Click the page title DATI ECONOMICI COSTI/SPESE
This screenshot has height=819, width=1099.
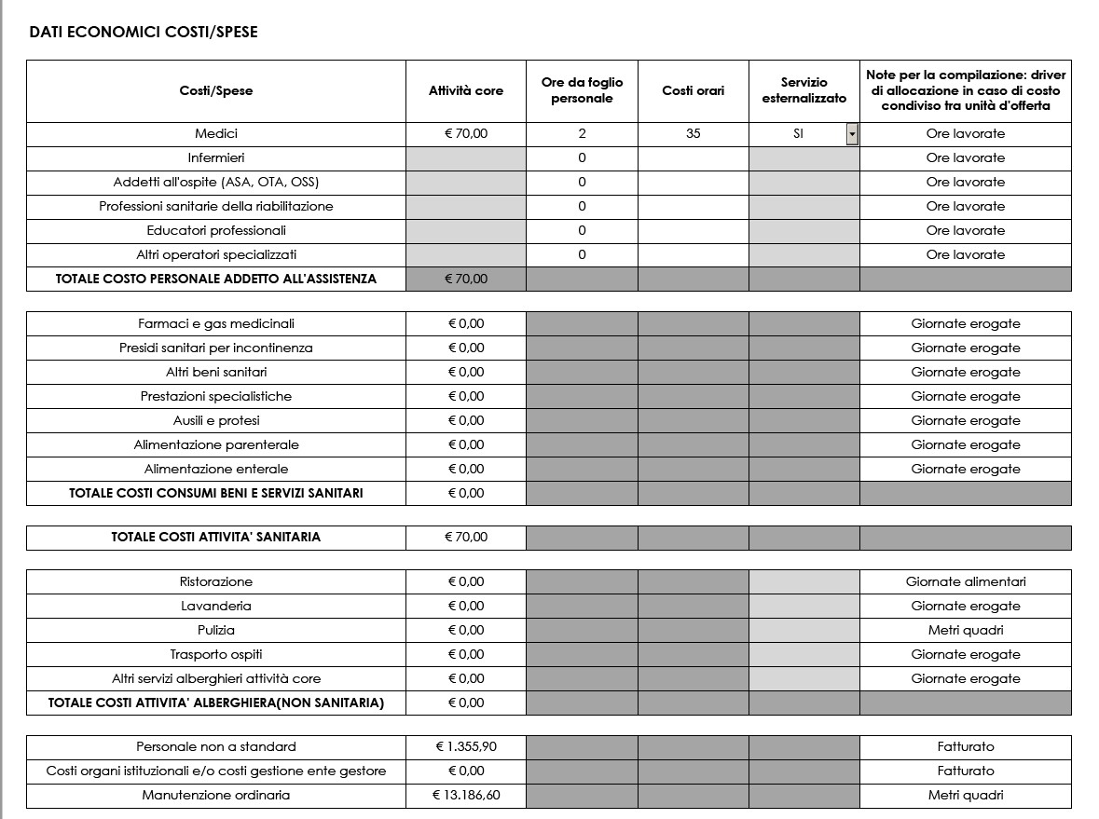(144, 33)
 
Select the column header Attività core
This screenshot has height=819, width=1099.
(465, 90)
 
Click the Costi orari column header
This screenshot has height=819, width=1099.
(693, 90)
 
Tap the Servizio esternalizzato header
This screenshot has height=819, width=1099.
(804, 90)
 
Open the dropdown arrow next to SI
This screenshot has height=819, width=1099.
(851, 134)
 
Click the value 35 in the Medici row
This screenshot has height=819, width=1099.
(693, 134)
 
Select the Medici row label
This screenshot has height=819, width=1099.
(216, 134)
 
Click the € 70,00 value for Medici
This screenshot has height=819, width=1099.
(466, 134)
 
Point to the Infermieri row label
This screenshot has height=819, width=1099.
(216, 158)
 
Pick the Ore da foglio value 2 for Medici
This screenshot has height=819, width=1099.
(582, 134)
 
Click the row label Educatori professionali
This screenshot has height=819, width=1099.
(216, 231)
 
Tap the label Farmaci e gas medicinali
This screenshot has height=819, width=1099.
(216, 324)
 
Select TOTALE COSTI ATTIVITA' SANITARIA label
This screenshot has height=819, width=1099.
(216, 538)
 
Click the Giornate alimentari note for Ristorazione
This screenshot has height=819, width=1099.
(966, 582)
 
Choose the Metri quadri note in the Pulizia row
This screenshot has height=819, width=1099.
(966, 631)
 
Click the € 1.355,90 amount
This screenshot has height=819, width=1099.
(466, 747)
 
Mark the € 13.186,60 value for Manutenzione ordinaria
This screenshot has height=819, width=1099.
(466, 796)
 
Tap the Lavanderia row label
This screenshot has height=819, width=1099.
(216, 607)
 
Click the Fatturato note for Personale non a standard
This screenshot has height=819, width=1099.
(966, 747)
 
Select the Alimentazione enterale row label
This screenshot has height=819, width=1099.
(216, 470)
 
